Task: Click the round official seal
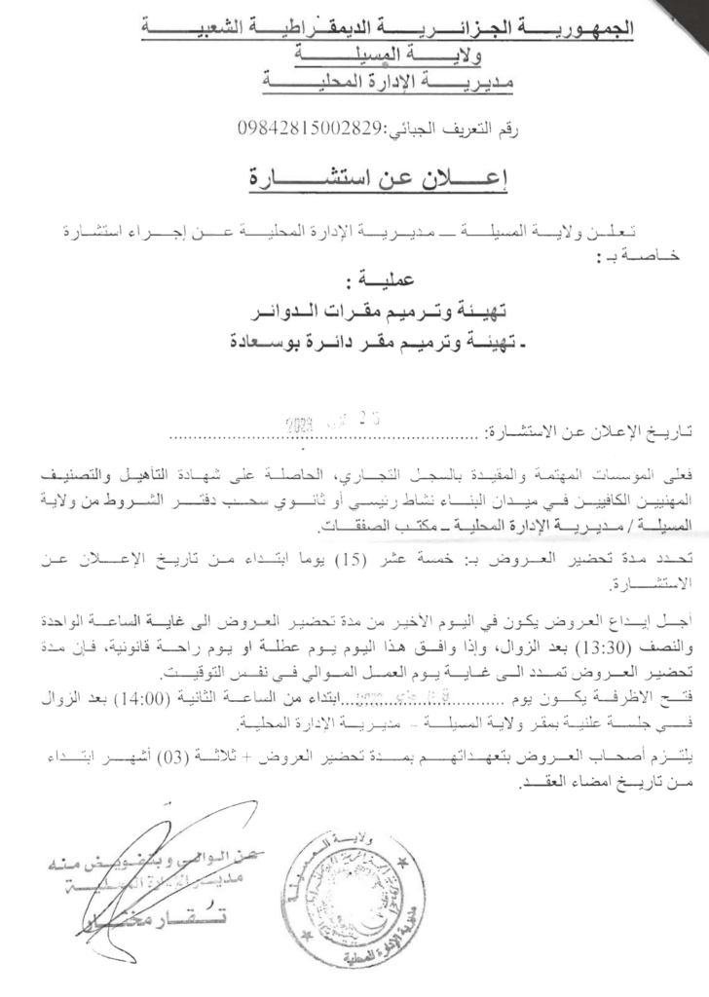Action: pyautogui.click(x=360, y=885)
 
